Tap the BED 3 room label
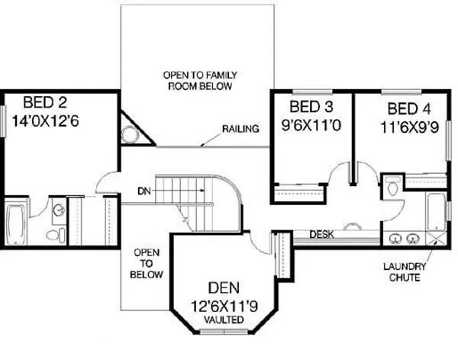[x=311, y=106]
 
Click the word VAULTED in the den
[x=224, y=320]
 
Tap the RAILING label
[x=241, y=128]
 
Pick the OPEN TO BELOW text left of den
[x=145, y=262]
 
